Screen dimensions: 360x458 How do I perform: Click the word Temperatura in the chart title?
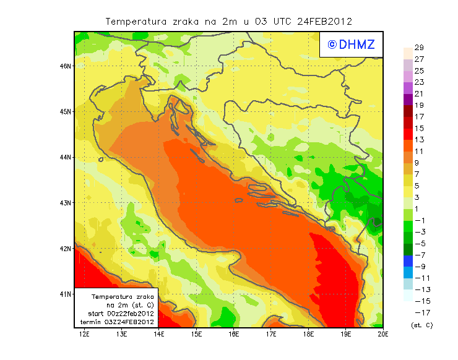(x=137, y=21)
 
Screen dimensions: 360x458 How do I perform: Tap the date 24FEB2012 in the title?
(x=324, y=21)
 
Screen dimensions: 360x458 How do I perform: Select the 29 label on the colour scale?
(x=419, y=48)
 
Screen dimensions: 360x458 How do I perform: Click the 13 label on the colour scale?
(x=419, y=140)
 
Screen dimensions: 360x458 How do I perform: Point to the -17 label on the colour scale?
(x=419, y=312)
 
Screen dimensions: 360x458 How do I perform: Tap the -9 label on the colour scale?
(x=419, y=267)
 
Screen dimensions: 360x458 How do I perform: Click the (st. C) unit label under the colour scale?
(x=421, y=325)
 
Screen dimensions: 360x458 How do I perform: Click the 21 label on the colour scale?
(x=419, y=94)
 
